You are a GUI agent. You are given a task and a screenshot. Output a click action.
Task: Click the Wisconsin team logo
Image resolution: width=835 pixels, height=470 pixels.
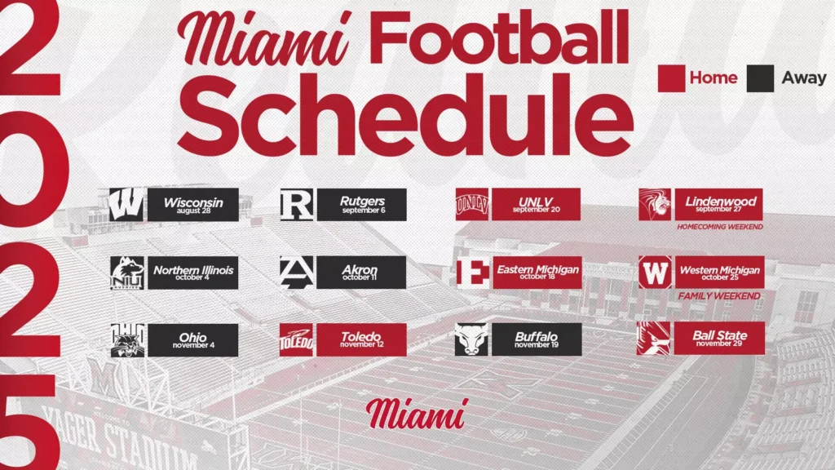pyautogui.click(x=126, y=205)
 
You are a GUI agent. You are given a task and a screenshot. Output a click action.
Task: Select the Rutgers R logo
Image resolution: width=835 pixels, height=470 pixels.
pyautogui.click(x=297, y=205)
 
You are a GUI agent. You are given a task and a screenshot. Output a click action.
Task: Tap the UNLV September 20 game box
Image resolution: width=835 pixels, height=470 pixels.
pyautogui.click(x=536, y=204)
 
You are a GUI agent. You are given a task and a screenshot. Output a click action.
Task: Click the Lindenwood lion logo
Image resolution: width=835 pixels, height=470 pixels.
pyautogui.click(x=655, y=204)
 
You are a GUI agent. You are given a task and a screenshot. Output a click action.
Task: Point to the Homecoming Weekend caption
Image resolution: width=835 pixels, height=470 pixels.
pyautogui.click(x=719, y=227)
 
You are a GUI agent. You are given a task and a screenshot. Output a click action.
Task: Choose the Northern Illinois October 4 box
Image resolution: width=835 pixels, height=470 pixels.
pyautogui.click(x=192, y=273)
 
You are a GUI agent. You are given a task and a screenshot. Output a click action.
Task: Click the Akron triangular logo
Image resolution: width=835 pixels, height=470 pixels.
pyautogui.click(x=297, y=273)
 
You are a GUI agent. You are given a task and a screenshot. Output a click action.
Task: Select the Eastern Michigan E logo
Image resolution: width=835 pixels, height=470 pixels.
pyautogui.click(x=473, y=273)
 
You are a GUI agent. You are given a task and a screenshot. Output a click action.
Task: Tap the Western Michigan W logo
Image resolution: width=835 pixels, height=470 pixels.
pyautogui.click(x=655, y=273)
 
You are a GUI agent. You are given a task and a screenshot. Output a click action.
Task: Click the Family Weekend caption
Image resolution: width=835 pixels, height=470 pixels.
pyautogui.click(x=719, y=295)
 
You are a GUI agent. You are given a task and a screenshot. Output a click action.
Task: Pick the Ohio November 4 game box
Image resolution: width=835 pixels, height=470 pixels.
pyautogui.click(x=192, y=340)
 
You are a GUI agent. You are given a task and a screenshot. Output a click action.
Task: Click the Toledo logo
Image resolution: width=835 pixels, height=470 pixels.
pyautogui.click(x=296, y=339)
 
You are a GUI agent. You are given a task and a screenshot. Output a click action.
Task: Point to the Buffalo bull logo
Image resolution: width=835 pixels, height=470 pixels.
pyautogui.click(x=471, y=339)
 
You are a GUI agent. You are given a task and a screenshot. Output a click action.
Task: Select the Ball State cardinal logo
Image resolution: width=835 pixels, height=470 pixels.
pyautogui.click(x=653, y=338)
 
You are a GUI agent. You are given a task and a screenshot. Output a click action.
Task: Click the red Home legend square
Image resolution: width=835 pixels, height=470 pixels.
pyautogui.click(x=672, y=78)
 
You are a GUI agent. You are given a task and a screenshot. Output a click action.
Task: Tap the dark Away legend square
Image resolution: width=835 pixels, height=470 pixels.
pyautogui.click(x=760, y=78)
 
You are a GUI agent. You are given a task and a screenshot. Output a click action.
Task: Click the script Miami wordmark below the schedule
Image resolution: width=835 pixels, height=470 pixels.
pyautogui.click(x=417, y=414)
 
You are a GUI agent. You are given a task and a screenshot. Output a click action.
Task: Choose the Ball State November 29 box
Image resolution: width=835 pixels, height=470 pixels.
pyautogui.click(x=719, y=338)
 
